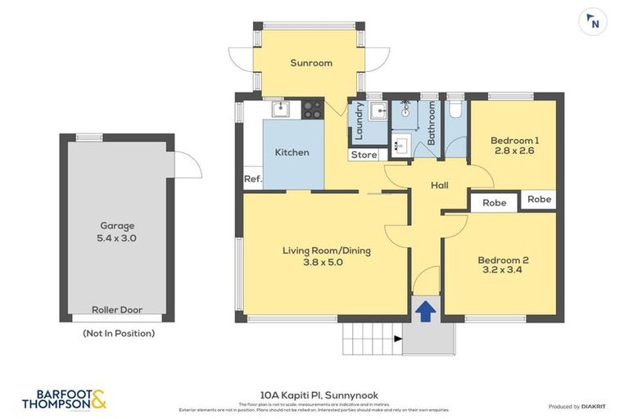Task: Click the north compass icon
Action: pyautogui.click(x=593, y=22)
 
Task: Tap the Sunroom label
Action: pyautogui.click(x=311, y=63)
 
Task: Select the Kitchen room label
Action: pyautogui.click(x=292, y=152)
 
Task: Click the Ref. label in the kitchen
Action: pyautogui.click(x=252, y=179)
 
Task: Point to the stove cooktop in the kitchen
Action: pyautogui.click(x=312, y=109)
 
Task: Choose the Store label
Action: pyautogui.click(x=364, y=155)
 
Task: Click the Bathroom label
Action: pyautogui.click(x=432, y=124)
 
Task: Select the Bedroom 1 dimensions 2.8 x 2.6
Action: pyautogui.click(x=514, y=151)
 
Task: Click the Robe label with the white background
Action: pyautogui.click(x=494, y=203)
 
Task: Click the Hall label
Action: pyautogui.click(x=440, y=186)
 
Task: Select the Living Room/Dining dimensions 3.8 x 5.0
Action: pyautogui.click(x=327, y=263)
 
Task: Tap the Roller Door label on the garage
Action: pyautogui.click(x=118, y=310)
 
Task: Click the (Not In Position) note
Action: pyautogui.click(x=118, y=333)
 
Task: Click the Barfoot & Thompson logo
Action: pyautogui.click(x=64, y=399)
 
